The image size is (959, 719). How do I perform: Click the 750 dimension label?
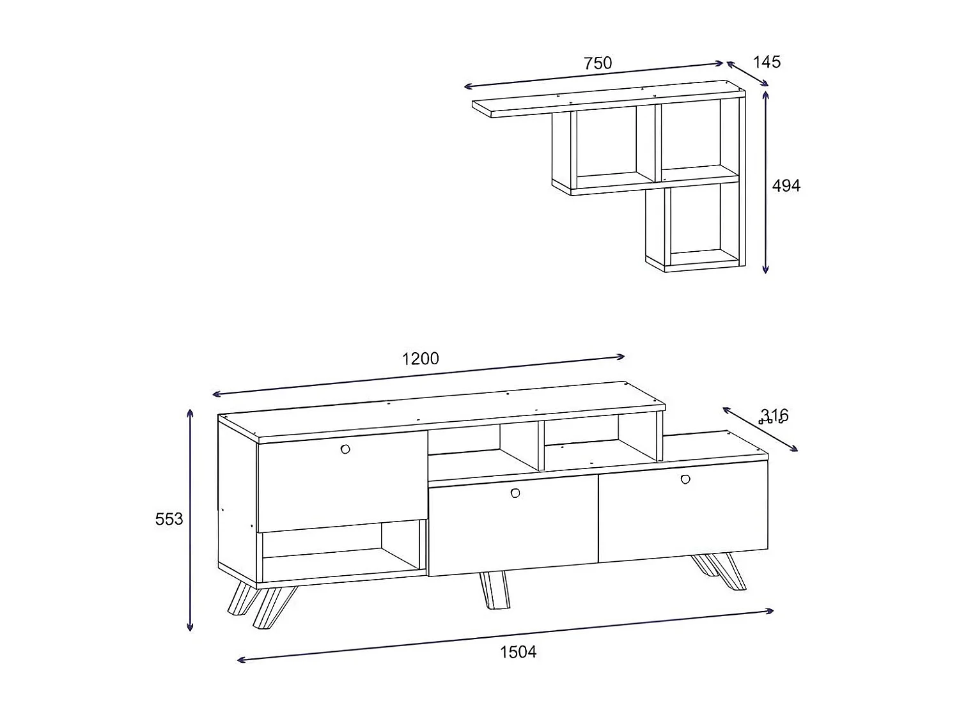coord(598,63)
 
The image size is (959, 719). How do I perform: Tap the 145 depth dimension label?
coord(767,62)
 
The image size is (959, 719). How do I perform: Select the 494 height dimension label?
coord(786,186)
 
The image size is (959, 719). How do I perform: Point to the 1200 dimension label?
coord(420,359)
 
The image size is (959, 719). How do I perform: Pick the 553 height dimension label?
coord(169,519)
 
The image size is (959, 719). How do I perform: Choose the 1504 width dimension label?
coord(518,652)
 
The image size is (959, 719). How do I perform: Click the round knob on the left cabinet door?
coord(346,449)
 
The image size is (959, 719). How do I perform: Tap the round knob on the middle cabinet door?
coord(515,493)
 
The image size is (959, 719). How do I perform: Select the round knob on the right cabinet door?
coord(686,479)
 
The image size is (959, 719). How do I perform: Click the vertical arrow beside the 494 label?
coord(766,182)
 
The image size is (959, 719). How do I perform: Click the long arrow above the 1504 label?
coord(505,635)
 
